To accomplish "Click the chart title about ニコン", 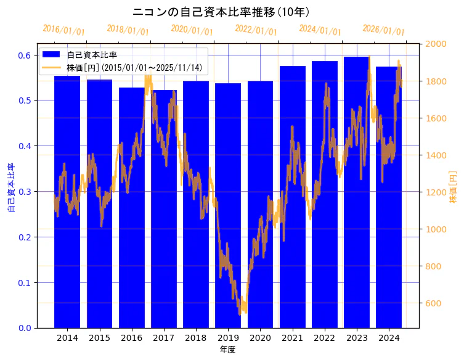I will [221, 12].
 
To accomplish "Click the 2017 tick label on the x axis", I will [164, 338].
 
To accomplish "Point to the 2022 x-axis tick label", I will [325, 338].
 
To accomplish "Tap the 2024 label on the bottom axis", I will [389, 338].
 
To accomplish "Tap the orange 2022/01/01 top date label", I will [256, 30].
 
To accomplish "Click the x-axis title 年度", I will [227, 350].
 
